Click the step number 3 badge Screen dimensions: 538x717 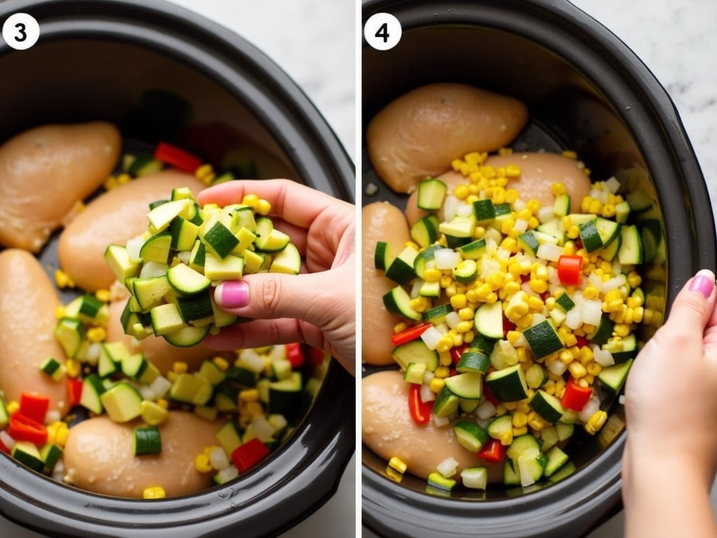point(21,31)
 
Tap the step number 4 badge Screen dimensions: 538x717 point(383,31)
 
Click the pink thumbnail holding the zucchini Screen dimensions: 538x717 point(232,294)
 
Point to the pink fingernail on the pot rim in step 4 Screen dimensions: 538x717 point(702,284)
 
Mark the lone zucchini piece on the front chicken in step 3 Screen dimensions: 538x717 point(148,441)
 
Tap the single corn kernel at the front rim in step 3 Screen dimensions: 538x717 point(153,492)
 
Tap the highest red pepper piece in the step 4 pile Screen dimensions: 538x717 point(570,269)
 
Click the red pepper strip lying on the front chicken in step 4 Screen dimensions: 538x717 point(419,405)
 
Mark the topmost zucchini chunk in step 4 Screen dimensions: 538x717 point(431,194)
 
